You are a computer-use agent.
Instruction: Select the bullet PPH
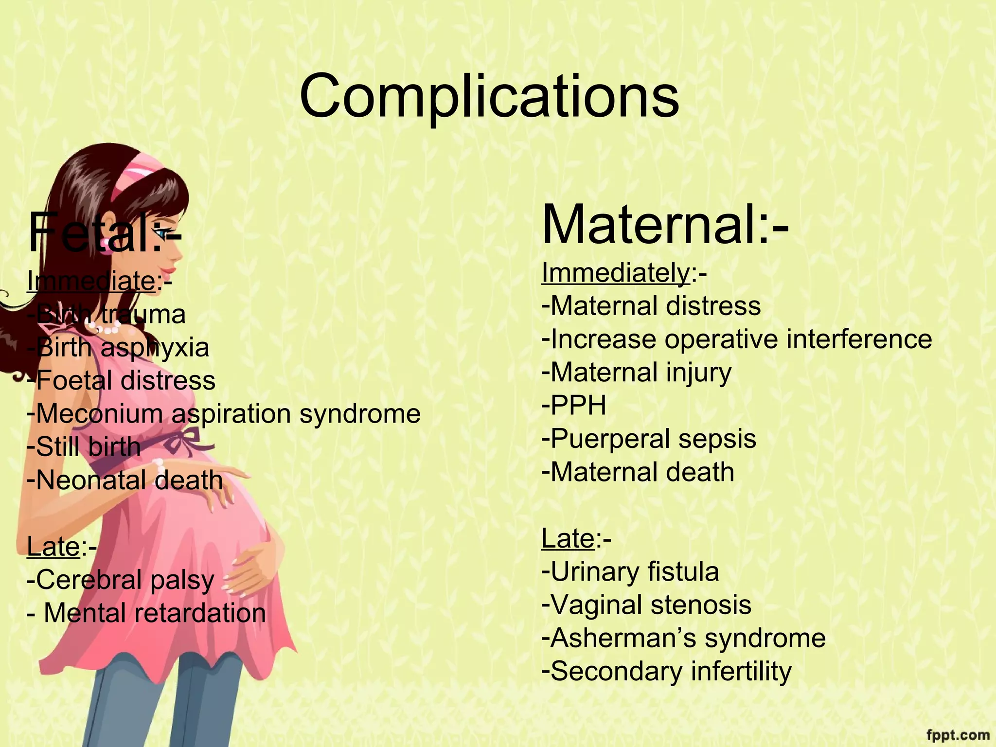574,406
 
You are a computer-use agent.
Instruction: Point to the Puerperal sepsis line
649,439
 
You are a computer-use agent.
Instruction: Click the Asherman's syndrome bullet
683,638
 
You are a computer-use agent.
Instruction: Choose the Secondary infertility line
666,671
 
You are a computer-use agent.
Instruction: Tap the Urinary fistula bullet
630,572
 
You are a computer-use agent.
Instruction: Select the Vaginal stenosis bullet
646,605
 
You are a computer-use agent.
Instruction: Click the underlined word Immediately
615,273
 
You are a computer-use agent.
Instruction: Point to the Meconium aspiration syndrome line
224,414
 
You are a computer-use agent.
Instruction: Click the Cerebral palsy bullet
121,580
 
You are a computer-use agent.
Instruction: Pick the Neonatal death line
125,480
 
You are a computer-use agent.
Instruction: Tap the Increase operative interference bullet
736,339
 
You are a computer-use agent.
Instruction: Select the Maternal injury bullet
636,373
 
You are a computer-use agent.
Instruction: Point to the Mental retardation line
147,613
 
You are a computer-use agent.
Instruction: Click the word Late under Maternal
568,539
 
